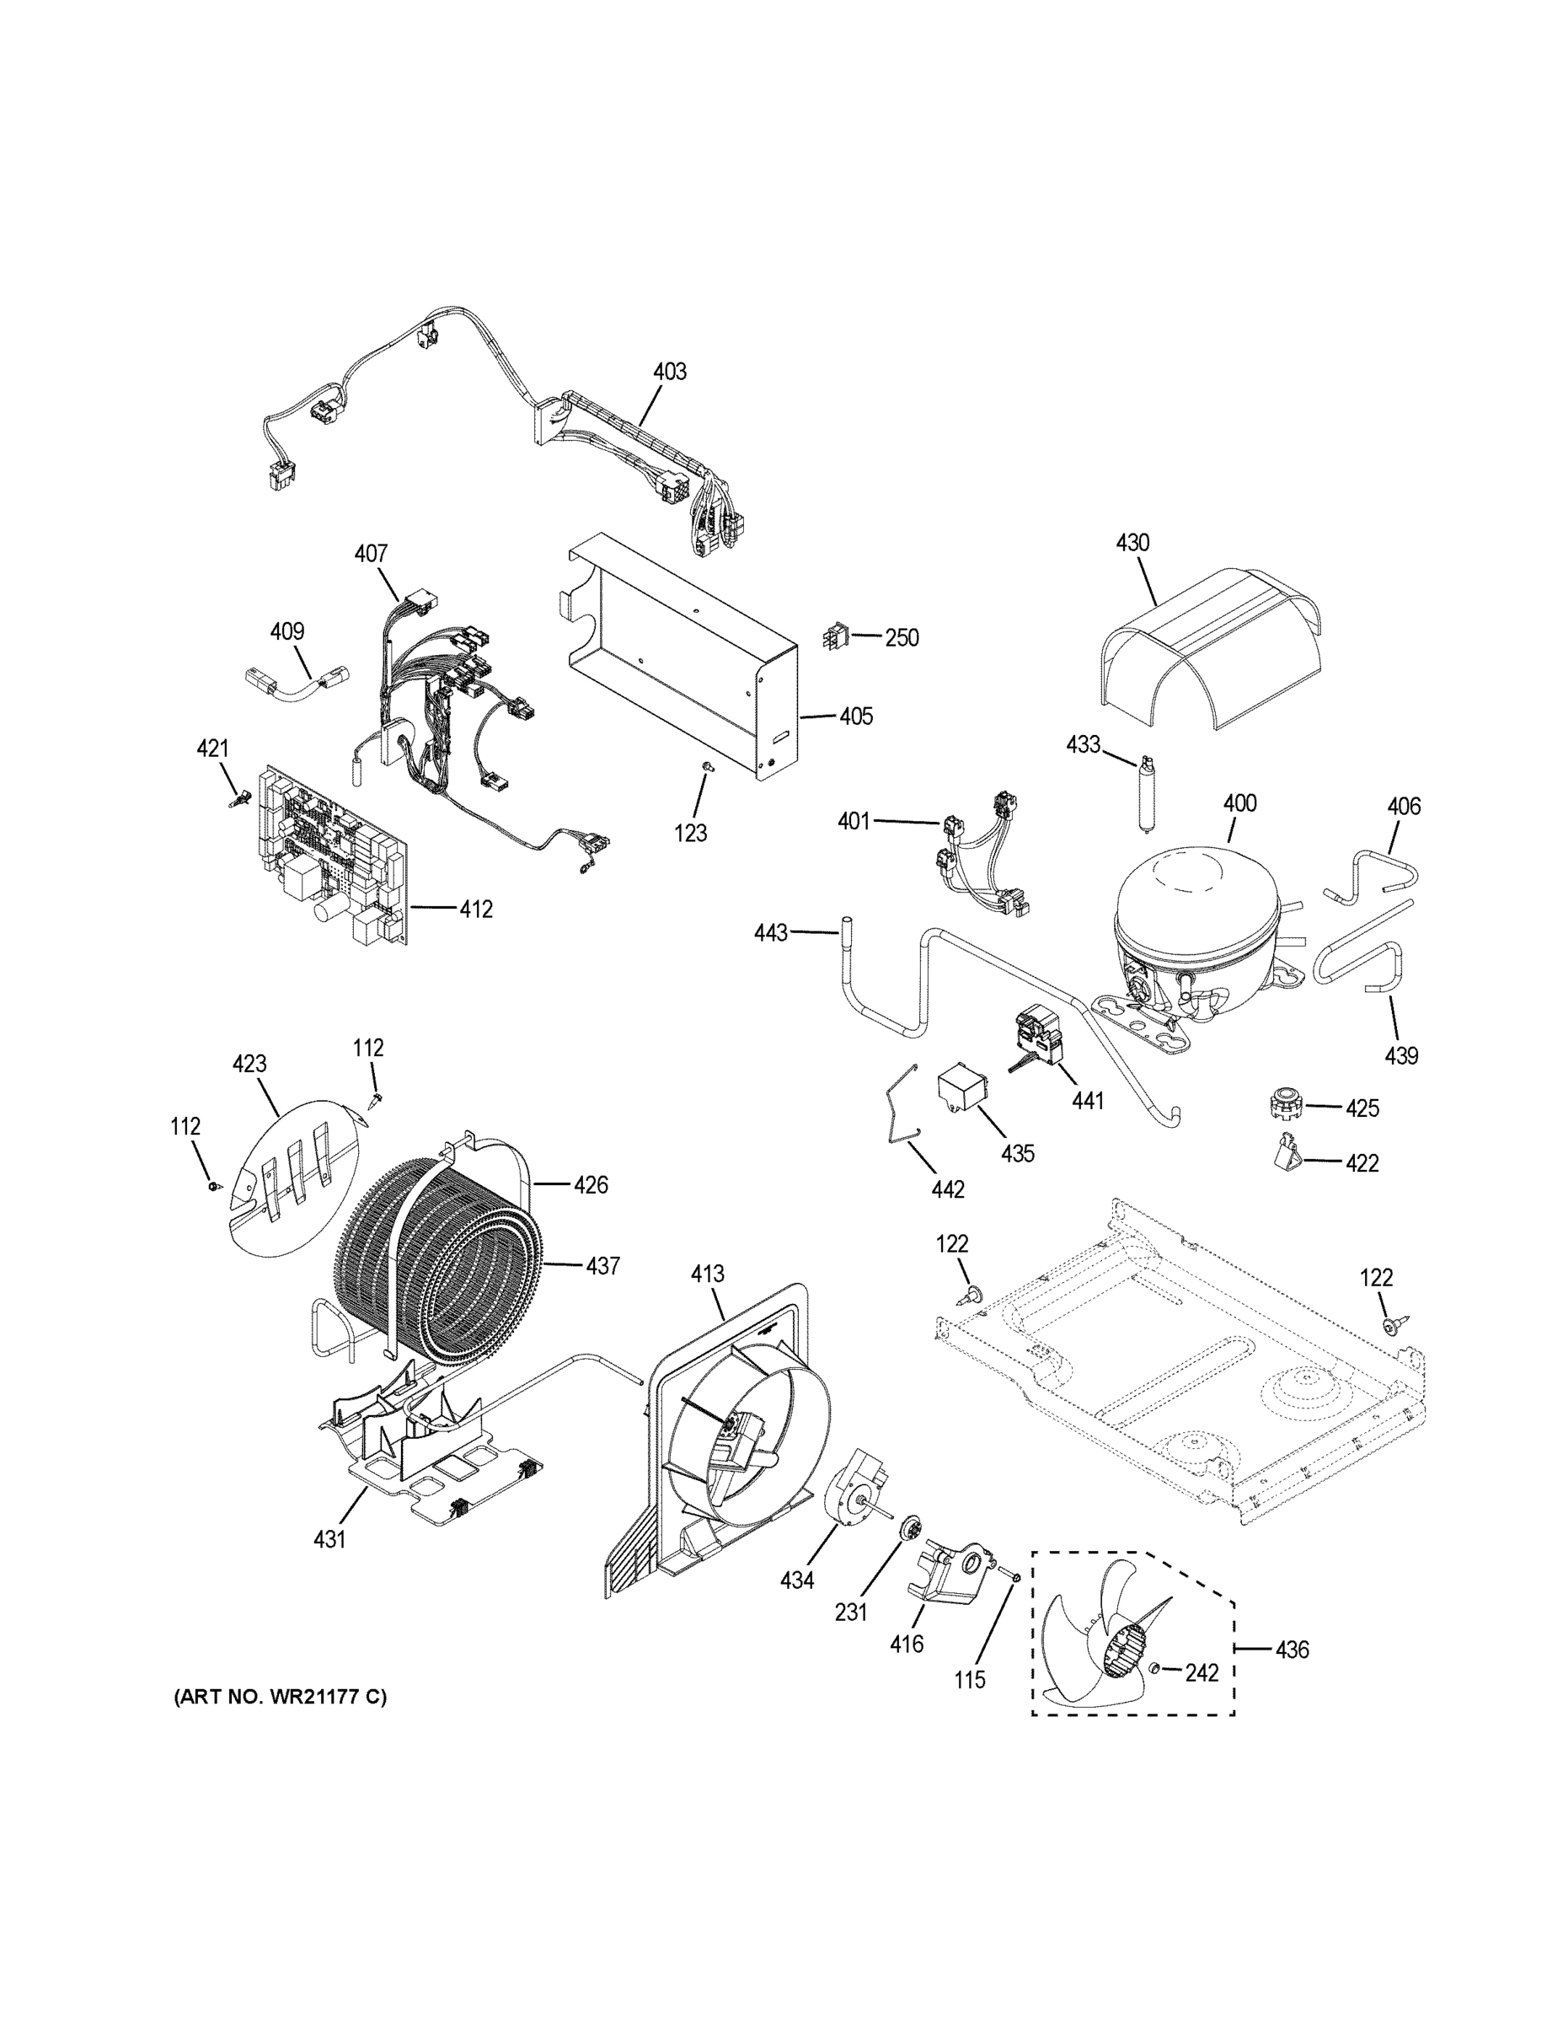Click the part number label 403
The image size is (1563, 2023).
click(670, 372)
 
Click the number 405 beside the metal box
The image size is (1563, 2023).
click(855, 716)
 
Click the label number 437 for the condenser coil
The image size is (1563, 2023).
click(602, 1265)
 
